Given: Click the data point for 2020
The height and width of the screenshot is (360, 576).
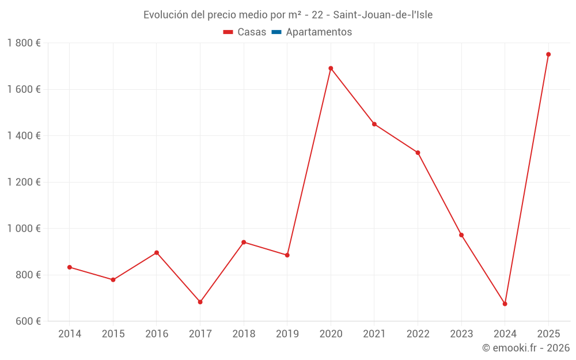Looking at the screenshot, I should (331, 69).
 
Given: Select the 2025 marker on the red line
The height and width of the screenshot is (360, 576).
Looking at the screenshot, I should (548, 55).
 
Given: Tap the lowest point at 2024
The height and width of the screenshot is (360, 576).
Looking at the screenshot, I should (505, 304).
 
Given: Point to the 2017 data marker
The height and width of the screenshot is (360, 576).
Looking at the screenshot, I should (200, 302).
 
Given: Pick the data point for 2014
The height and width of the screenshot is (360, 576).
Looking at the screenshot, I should (70, 267).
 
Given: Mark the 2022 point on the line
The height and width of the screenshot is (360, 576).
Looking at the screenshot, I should (418, 153).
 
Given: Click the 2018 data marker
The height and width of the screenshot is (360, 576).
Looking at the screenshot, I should (244, 242).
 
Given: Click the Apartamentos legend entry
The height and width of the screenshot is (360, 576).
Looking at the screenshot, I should (319, 32).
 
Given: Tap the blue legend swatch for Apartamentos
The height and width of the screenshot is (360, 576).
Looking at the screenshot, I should (276, 32).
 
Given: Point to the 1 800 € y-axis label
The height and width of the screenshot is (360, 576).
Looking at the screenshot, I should (24, 43).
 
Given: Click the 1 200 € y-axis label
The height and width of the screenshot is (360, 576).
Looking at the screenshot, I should (24, 182).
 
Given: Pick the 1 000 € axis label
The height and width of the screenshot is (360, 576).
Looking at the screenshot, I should (24, 229).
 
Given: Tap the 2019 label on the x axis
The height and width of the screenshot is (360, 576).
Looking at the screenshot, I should (287, 334).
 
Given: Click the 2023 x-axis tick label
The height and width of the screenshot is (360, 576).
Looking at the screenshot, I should (461, 334).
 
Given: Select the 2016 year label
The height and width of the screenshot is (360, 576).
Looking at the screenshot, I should (157, 334).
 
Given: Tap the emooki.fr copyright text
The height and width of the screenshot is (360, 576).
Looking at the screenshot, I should (525, 348).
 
